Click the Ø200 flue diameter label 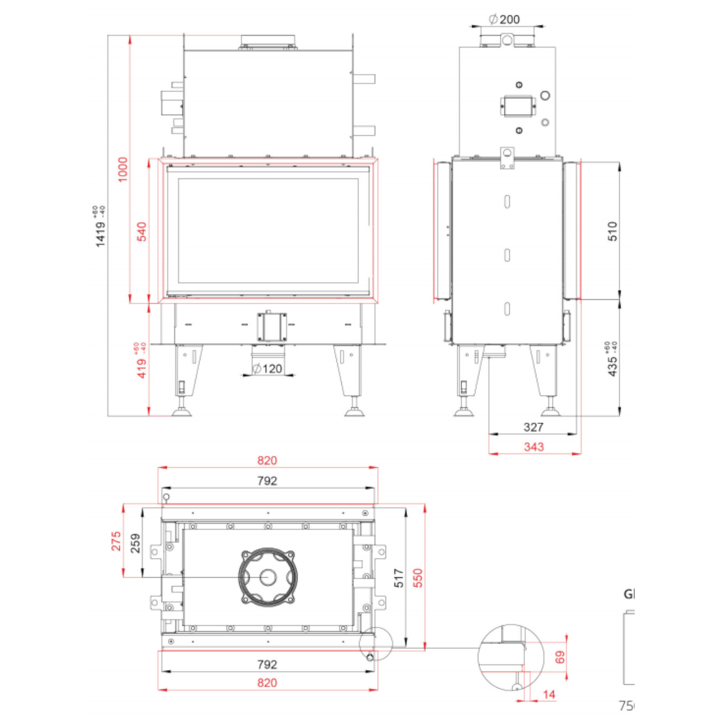tap(505, 19)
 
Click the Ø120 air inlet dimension tap(267, 368)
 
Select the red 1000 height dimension tap(123, 169)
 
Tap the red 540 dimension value tap(142, 231)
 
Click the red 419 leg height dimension tap(141, 362)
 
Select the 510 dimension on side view tap(613, 231)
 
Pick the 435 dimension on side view tap(612, 360)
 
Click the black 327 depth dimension tap(533, 427)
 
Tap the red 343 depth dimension tap(534, 446)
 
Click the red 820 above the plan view tap(267, 461)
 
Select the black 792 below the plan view tap(267, 664)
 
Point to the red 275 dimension tap(116, 541)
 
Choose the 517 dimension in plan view tap(399, 578)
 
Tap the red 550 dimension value tap(418, 578)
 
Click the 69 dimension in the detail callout tap(560, 657)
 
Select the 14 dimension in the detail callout tap(548, 694)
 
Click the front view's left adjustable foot tap(181, 411)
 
